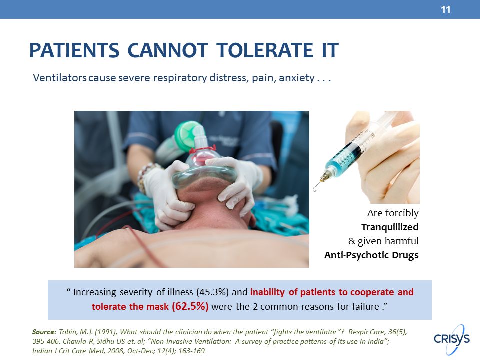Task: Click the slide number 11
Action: click(445, 10)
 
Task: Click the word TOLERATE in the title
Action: click(260, 50)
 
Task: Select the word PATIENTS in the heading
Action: click(74, 50)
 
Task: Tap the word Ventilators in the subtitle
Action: click(60, 78)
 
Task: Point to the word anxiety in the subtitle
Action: click(296, 78)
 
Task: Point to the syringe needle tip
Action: click(315, 190)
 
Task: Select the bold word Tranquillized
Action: click(390, 227)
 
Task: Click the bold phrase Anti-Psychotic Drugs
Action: click(371, 255)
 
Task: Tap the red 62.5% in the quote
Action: click(190, 306)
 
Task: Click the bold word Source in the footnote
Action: click(44, 332)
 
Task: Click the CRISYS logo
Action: click(452, 339)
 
